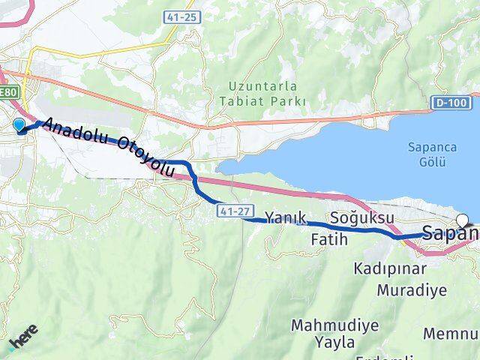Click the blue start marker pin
point(19,125)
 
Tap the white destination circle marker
point(463,220)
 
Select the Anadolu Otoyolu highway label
point(109,147)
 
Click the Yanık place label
point(286,217)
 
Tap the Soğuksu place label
point(362,217)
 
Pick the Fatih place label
point(328,240)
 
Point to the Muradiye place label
point(412,289)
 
